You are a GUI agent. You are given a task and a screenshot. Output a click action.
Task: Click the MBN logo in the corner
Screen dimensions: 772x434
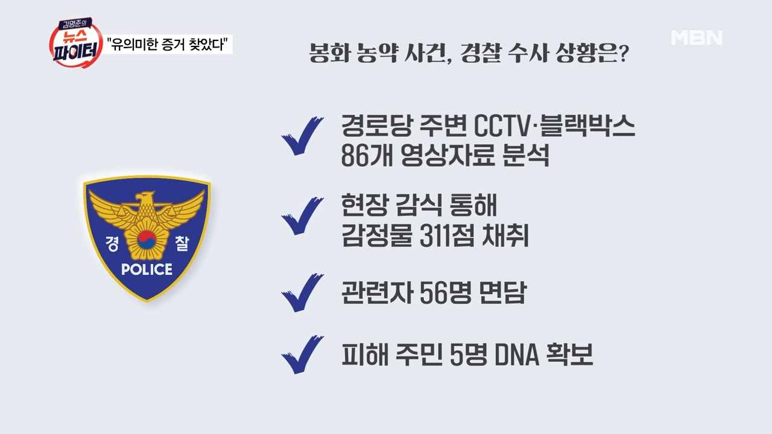(x=697, y=37)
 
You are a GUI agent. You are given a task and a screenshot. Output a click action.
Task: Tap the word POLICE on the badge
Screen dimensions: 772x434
(x=147, y=269)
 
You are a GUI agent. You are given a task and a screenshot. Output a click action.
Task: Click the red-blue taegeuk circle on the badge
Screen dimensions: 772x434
(x=147, y=240)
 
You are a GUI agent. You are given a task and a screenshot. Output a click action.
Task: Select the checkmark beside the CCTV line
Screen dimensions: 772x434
(x=302, y=136)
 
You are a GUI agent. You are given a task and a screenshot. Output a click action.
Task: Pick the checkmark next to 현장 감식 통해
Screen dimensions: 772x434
(x=302, y=216)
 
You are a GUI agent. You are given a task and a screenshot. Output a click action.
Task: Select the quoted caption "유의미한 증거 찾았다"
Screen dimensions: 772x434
(x=169, y=45)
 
